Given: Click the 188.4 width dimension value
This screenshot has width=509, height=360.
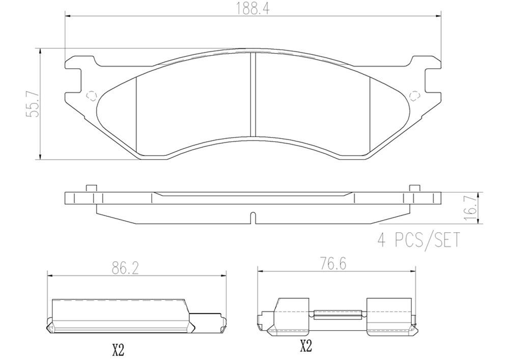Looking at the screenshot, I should pyautogui.click(x=253, y=9).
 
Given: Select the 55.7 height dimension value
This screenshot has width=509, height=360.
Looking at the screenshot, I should pyautogui.click(x=32, y=103).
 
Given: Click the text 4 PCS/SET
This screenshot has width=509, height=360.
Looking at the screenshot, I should pyautogui.click(x=418, y=239).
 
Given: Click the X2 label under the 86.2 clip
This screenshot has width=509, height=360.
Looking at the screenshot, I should pyautogui.click(x=118, y=350).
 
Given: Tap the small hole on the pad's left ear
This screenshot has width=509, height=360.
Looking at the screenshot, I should pyautogui.click(x=92, y=95).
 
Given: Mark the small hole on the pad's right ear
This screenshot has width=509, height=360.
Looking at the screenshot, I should pyautogui.click(x=414, y=95).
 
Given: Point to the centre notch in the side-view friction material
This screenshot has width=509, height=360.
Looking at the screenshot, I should pyautogui.click(x=253, y=217).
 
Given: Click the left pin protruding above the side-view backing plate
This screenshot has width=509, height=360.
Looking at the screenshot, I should pyautogui.click(x=91, y=188).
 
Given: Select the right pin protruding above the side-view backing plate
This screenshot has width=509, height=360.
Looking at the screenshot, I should pyautogui.click(x=414, y=188).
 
